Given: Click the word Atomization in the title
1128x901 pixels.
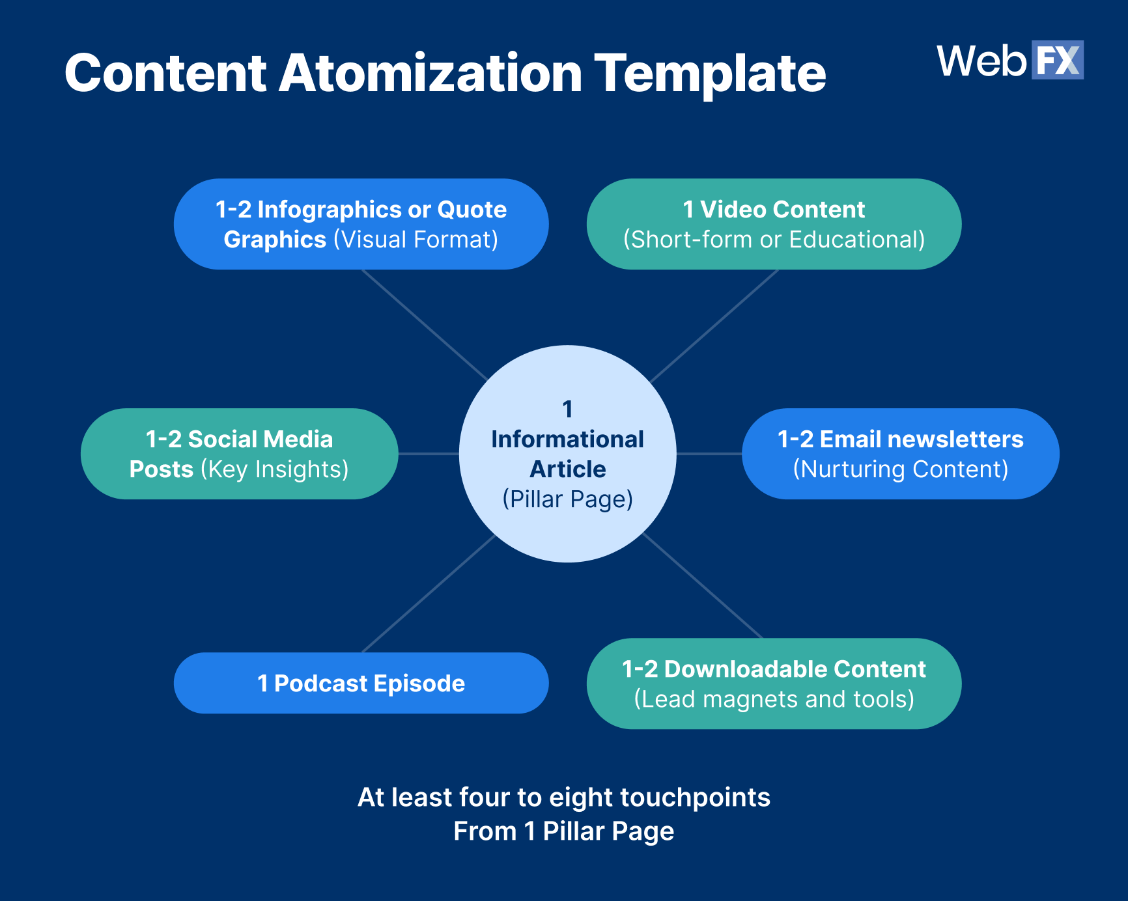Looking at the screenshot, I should pyautogui.click(x=430, y=74).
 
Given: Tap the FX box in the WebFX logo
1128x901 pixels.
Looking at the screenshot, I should pyautogui.click(x=1057, y=61).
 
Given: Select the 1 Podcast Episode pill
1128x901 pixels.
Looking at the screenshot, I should pyautogui.click(x=361, y=683).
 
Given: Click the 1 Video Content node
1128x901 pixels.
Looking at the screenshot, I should pyautogui.click(x=774, y=224).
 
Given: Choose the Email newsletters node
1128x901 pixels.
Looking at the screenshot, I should pyautogui.click(x=900, y=454).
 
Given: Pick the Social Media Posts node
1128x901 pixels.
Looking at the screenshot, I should pyautogui.click(x=239, y=454).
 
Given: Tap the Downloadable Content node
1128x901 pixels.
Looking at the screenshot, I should pyautogui.click(x=774, y=683).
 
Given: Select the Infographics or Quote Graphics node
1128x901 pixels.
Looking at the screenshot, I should pyautogui.click(x=361, y=224).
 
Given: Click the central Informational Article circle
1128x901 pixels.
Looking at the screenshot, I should pyautogui.click(x=567, y=454).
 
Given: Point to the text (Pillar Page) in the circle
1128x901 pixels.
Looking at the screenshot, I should pyautogui.click(x=567, y=499).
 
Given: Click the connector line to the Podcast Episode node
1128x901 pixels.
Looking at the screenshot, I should pyautogui.click(x=429, y=594).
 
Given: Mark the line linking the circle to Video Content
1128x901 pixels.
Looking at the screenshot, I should pyautogui.click(x=714, y=326).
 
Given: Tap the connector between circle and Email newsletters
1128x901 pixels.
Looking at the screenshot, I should pyautogui.click(x=709, y=454).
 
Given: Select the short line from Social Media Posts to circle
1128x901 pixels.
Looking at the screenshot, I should pyautogui.click(x=429, y=454).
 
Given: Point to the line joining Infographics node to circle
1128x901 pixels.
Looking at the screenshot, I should pyautogui.click(x=425, y=325).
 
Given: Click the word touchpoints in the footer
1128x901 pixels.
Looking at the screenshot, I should pyautogui.click(x=695, y=797).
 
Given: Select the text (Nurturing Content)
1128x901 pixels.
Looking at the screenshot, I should pyautogui.click(x=900, y=469).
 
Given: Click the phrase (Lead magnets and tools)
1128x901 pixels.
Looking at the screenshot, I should pyautogui.click(x=774, y=699).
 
